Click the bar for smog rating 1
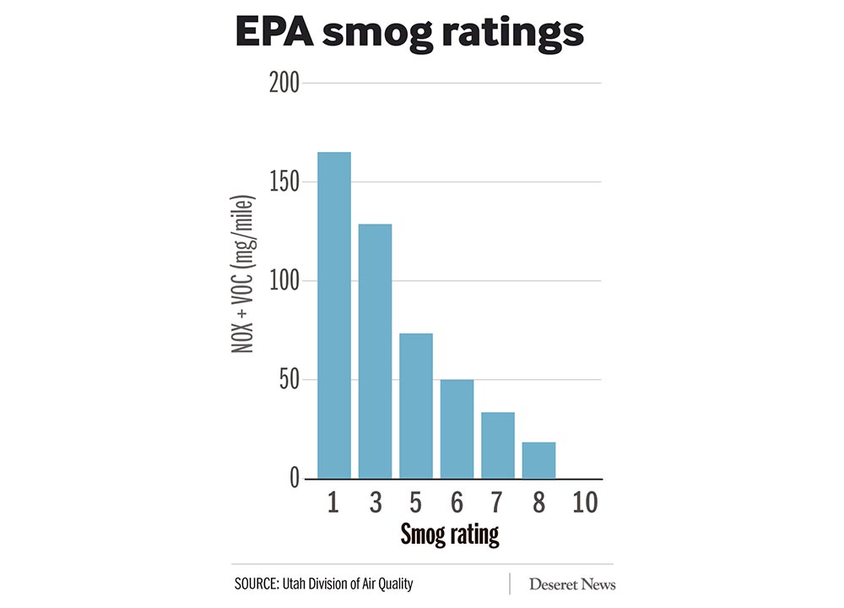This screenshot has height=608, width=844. click(x=333, y=315)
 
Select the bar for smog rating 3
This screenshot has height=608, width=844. click(x=375, y=351)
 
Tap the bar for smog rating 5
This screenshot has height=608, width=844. click(x=416, y=406)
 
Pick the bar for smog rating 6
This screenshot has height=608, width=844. click(x=457, y=429)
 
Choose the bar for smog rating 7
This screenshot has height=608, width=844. click(x=498, y=445)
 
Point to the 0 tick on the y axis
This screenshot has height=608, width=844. click(x=293, y=479)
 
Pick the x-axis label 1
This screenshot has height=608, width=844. click(x=333, y=502)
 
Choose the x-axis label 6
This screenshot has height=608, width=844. click(x=457, y=502)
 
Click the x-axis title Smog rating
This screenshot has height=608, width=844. click(x=449, y=534)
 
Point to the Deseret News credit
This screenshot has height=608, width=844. click(x=572, y=584)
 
